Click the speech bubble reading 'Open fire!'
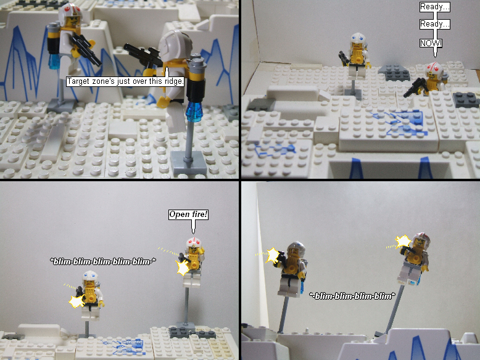click(x=188, y=215)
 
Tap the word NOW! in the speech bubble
click(x=431, y=43)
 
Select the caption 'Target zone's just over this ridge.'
click(x=125, y=81)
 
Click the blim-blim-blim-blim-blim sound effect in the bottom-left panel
click(x=103, y=261)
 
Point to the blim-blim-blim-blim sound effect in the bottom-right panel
click(x=352, y=296)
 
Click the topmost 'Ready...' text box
click(x=435, y=7)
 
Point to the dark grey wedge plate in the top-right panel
click(x=394, y=73)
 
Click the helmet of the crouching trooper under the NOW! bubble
click(x=436, y=71)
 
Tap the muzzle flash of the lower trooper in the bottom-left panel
click(x=77, y=302)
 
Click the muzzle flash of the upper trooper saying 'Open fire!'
click(x=183, y=268)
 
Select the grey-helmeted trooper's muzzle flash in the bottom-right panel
click(x=272, y=255)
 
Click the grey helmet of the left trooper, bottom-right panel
click(x=297, y=250)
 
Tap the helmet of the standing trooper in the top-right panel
click(x=358, y=41)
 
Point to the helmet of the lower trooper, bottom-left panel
click(x=91, y=279)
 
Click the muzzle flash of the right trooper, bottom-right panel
click(x=402, y=242)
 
